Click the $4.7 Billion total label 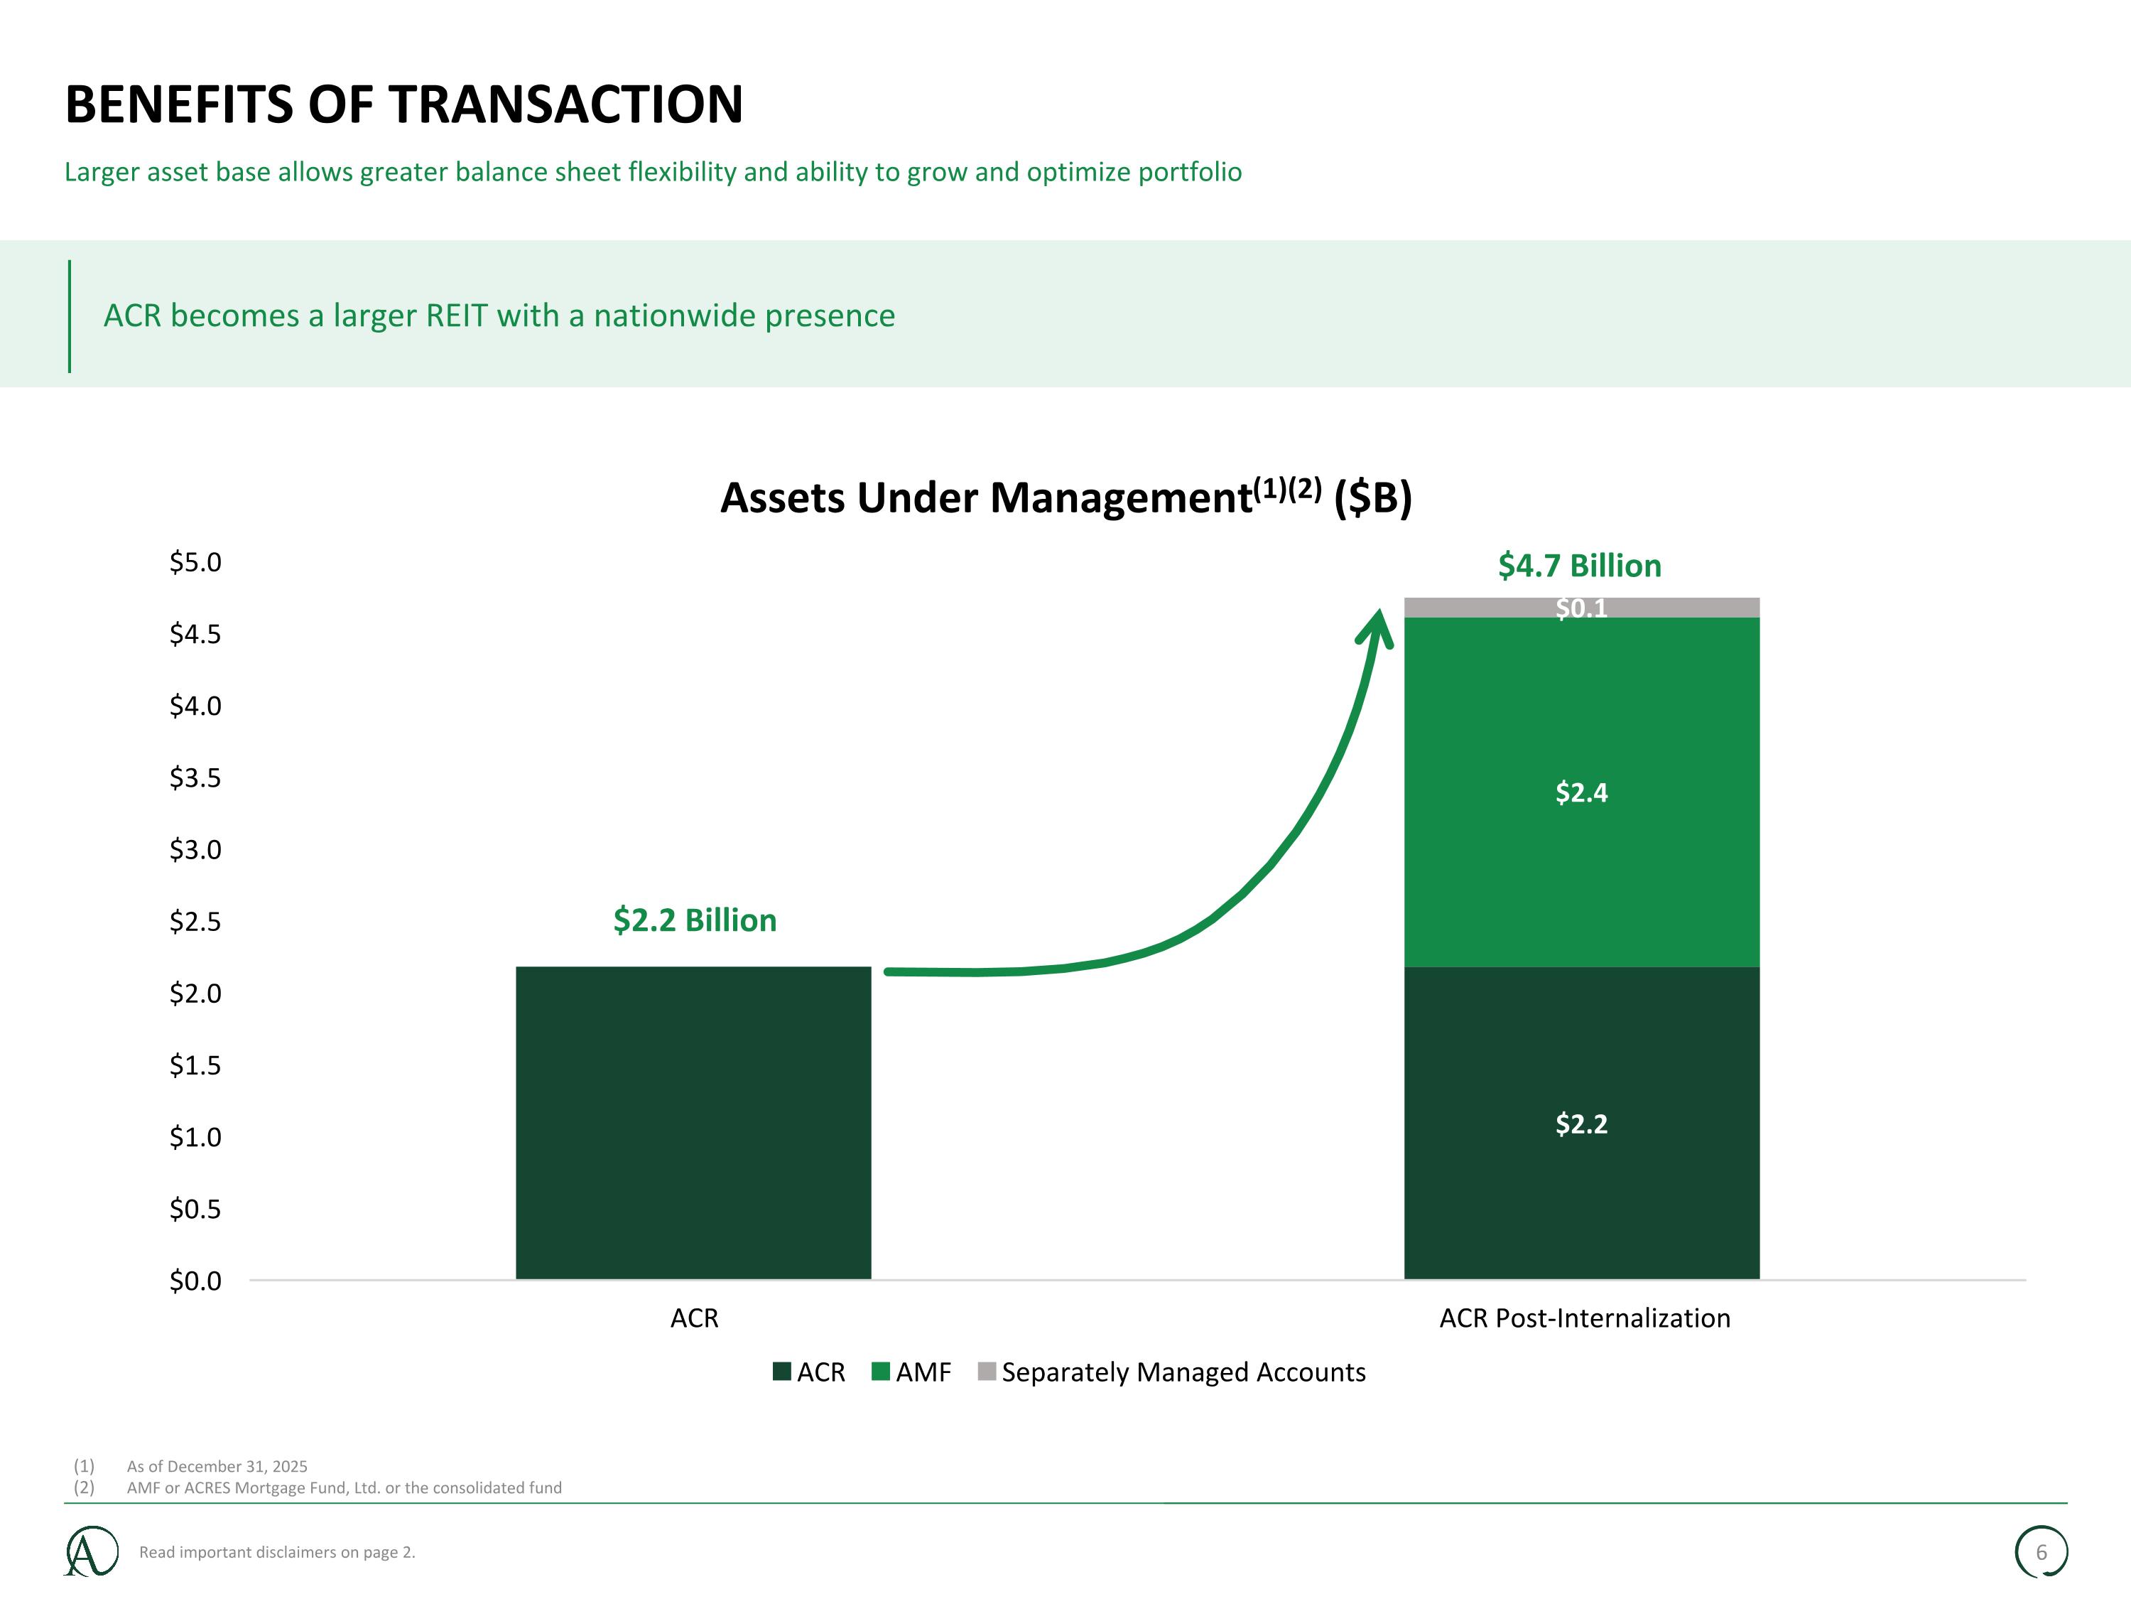tap(1580, 566)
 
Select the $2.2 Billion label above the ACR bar tap(695, 920)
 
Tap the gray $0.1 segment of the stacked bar tap(1582, 607)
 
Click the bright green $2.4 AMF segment tap(1582, 792)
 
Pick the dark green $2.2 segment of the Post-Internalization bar tap(1582, 1124)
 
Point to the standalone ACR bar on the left tap(693, 1124)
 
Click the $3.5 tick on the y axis tap(195, 777)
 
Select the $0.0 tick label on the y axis tap(195, 1281)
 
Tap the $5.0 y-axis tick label tap(195, 562)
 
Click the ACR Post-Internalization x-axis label tap(1585, 1318)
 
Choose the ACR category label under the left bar tap(695, 1318)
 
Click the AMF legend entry tap(911, 1372)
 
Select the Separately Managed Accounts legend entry tap(1171, 1372)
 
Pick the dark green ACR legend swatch tap(782, 1372)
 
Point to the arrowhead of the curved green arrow tap(1379, 611)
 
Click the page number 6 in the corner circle tap(2041, 1552)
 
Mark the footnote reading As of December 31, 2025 tap(217, 1466)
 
